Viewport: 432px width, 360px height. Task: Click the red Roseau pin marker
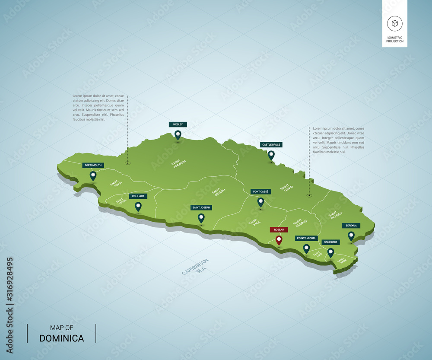279,240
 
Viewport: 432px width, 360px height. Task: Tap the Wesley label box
178,124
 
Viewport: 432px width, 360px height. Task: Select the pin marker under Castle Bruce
271,154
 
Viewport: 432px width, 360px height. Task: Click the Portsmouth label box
93,165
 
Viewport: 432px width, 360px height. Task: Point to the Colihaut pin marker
138,206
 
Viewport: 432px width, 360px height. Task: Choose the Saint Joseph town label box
201,208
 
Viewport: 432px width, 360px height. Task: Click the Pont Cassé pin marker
260,202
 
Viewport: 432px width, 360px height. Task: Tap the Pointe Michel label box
306,238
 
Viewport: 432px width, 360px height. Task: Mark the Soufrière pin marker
331,252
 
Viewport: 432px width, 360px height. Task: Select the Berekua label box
351,226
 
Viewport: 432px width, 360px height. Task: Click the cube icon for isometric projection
394,23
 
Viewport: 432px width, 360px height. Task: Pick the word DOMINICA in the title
62,338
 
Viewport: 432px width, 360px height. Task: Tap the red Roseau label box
279,229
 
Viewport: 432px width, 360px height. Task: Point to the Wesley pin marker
178,135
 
